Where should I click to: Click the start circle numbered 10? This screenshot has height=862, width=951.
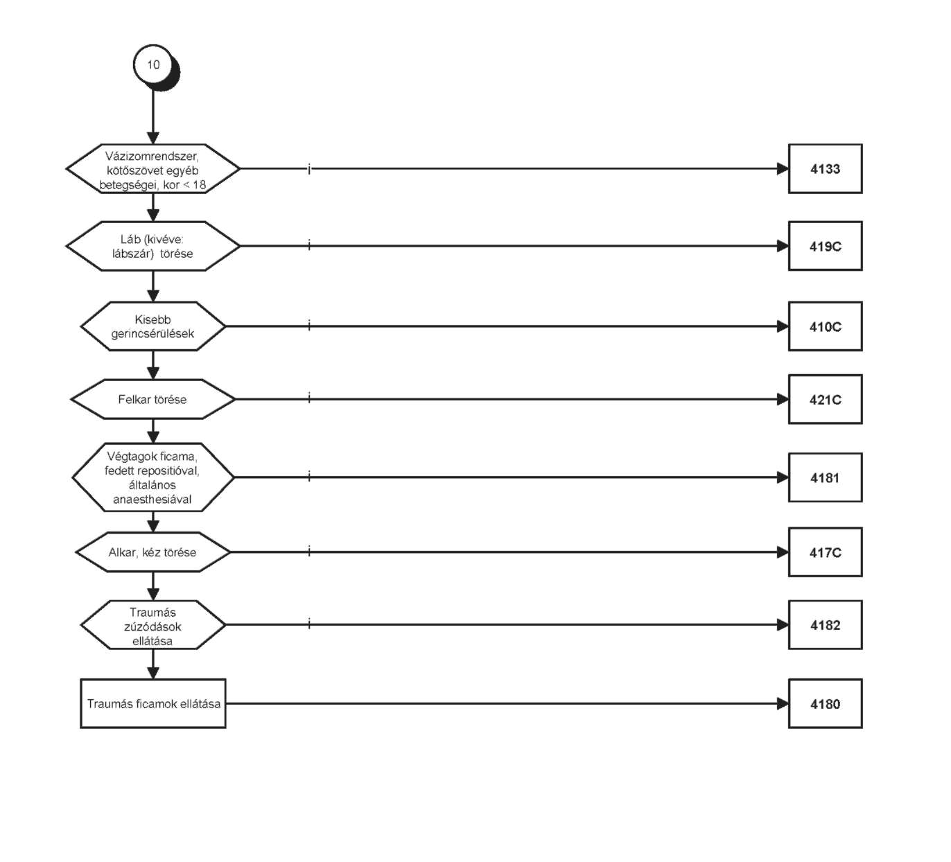click(154, 65)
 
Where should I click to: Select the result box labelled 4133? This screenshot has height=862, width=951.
click(826, 169)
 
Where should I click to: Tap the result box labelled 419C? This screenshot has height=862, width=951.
click(826, 246)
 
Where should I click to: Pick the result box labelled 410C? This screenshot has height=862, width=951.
click(826, 326)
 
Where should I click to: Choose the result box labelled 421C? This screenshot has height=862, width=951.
click(826, 399)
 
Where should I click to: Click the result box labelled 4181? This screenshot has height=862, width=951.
click(826, 477)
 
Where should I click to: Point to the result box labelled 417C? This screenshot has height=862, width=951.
click(826, 552)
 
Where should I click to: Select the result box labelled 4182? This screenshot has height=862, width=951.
click(826, 625)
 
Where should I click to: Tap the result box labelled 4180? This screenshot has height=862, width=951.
click(826, 703)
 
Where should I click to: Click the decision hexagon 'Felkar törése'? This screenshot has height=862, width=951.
click(152, 399)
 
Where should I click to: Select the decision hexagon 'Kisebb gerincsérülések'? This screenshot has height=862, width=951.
click(152, 326)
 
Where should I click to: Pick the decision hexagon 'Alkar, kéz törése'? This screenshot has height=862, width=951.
click(152, 552)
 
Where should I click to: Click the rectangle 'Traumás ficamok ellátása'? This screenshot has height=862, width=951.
click(152, 703)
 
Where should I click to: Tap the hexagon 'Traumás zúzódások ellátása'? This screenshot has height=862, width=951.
click(152, 625)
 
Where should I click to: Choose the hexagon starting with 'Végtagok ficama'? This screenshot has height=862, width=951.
click(152, 477)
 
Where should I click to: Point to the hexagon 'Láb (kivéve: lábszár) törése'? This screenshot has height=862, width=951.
click(152, 246)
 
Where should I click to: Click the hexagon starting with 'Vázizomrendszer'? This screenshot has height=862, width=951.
click(152, 169)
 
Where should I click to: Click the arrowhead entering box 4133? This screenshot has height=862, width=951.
click(783, 169)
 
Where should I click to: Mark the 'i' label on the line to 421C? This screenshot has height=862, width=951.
click(309, 397)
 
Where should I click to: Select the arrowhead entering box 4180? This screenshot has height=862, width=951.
click(783, 703)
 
